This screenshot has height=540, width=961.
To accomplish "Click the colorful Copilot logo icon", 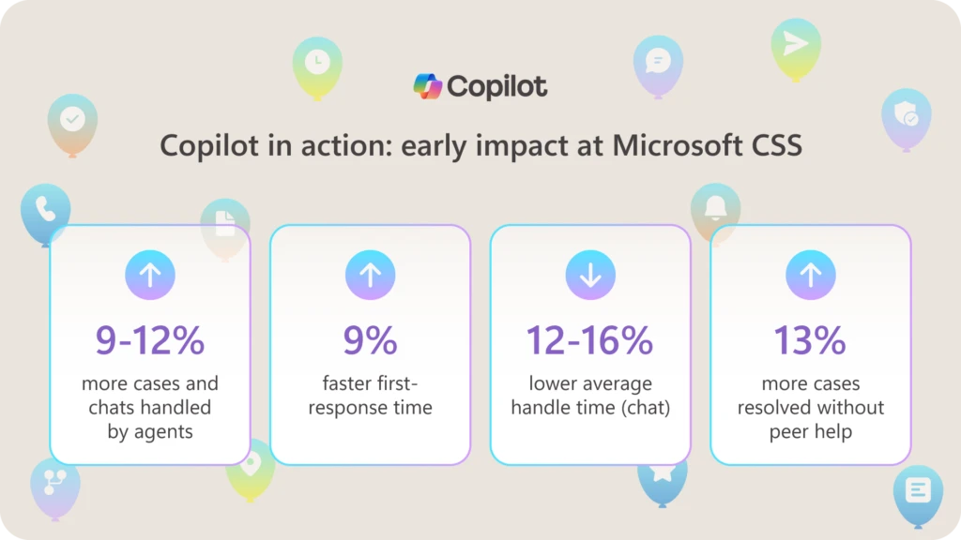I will click(x=428, y=86).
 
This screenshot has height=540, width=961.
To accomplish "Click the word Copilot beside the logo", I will click(x=497, y=87).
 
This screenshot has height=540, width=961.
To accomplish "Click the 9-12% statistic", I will click(x=150, y=340).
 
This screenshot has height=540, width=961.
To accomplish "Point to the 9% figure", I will click(x=370, y=340).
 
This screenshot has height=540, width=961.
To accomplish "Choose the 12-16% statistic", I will click(x=589, y=340).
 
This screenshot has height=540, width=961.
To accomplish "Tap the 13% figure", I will click(x=810, y=340).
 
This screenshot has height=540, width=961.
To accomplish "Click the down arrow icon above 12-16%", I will click(x=590, y=275).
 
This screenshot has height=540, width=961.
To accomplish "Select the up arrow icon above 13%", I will click(x=810, y=275).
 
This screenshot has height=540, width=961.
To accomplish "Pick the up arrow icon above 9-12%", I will click(x=150, y=275).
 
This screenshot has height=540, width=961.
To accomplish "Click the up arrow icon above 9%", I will click(x=370, y=275).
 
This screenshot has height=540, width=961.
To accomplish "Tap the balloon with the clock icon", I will click(x=317, y=64).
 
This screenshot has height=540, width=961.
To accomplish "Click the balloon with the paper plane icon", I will click(x=796, y=46).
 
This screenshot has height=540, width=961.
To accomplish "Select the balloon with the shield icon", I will click(x=907, y=116).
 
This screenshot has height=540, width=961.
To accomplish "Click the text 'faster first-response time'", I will click(x=370, y=396).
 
